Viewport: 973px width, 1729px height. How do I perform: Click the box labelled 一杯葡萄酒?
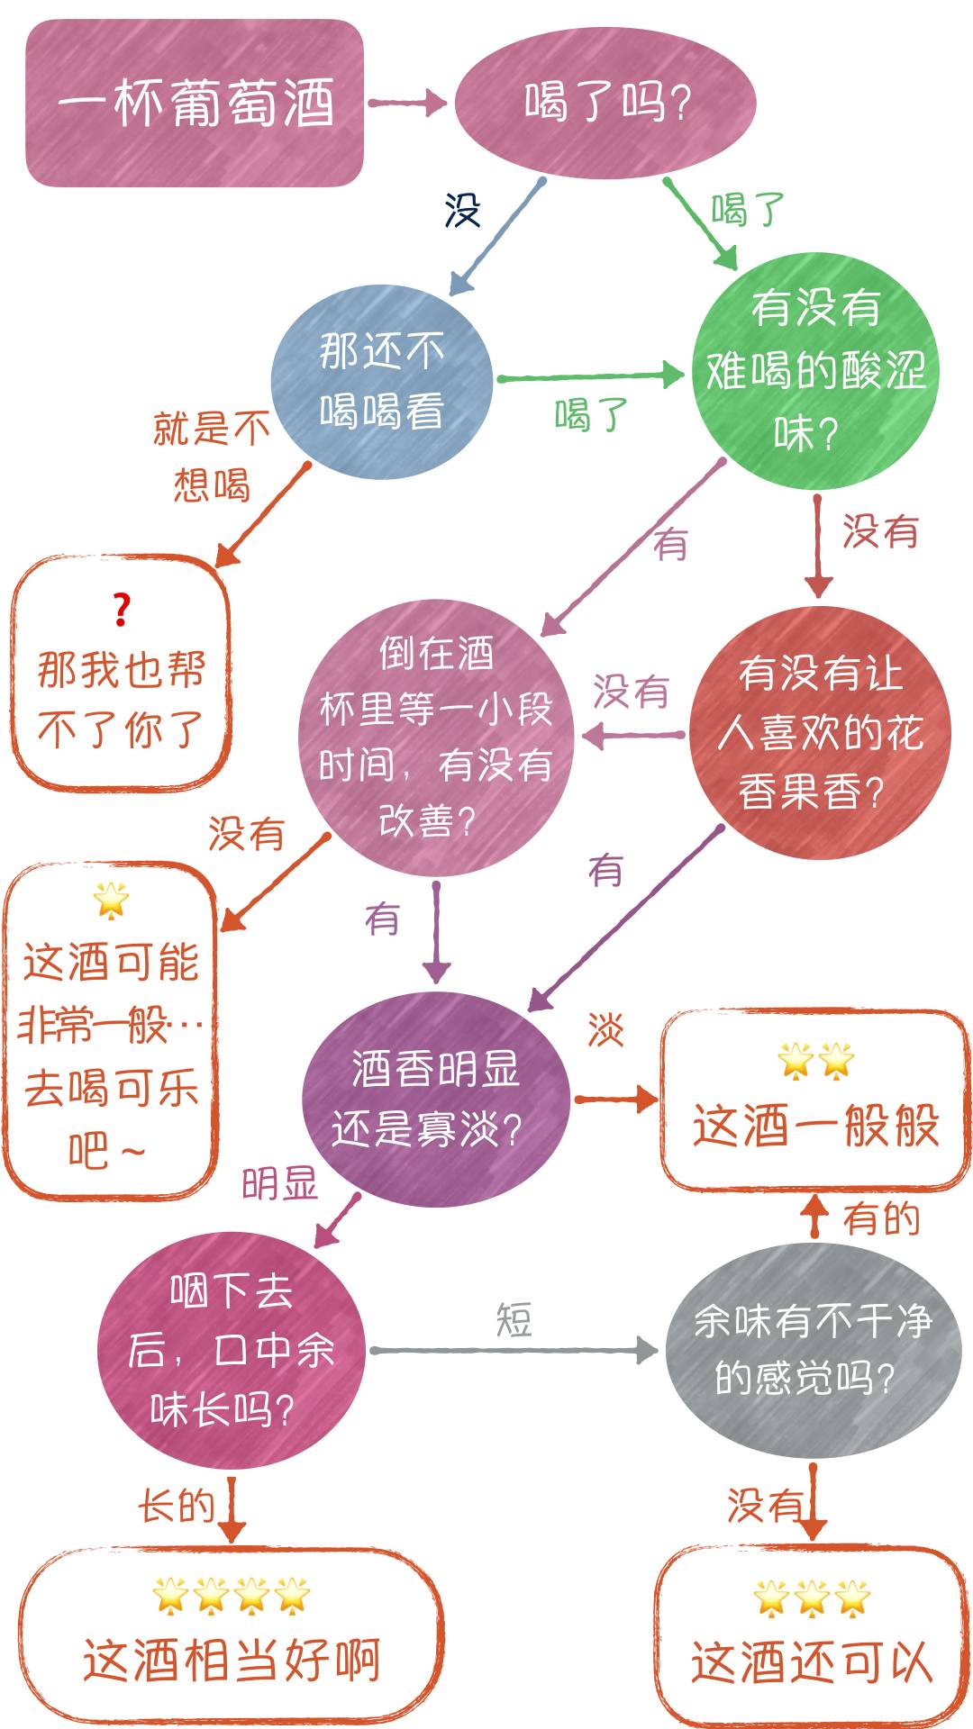pyautogui.click(x=195, y=103)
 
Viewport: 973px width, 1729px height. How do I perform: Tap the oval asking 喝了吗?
pyautogui.click(x=605, y=102)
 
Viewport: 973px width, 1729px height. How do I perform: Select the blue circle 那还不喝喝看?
pyautogui.click(x=382, y=381)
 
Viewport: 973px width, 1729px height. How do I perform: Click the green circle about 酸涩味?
pyautogui.click(x=815, y=371)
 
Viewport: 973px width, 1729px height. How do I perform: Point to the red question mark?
pyautogui.click(x=122, y=610)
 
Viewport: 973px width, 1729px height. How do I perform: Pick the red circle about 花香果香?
pyautogui.click(x=820, y=732)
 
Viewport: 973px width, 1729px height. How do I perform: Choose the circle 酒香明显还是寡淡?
pyautogui.click(x=436, y=1099)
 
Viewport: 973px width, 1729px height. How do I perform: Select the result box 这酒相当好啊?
pyautogui.click(x=232, y=1634)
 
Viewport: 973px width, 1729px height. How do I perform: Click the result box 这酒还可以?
pyautogui.click(x=811, y=1637)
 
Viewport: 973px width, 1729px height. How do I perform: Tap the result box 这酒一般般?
pyautogui.click(x=815, y=1100)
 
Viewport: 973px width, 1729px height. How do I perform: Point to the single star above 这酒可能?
pyautogui.click(x=111, y=900)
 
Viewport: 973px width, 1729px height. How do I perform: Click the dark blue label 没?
pyautogui.click(x=462, y=210)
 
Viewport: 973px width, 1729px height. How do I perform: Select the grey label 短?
pyautogui.click(x=514, y=1320)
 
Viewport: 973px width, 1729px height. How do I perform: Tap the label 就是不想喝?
pyautogui.click(x=212, y=457)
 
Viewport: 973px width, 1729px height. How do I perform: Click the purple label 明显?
pyautogui.click(x=280, y=1183)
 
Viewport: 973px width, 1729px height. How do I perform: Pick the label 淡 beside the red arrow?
pyautogui.click(x=605, y=1029)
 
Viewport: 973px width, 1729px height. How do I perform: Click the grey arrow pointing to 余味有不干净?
pyautogui.click(x=514, y=1350)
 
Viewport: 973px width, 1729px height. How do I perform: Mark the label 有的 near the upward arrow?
pyautogui.click(x=881, y=1218)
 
